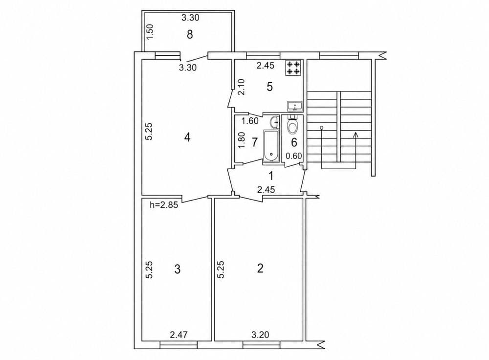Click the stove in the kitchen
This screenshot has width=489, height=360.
click(x=293, y=68)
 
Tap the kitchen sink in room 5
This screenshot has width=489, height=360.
click(x=294, y=106)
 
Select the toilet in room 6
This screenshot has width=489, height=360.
click(x=292, y=124)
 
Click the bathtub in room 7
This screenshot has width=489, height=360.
click(x=271, y=146)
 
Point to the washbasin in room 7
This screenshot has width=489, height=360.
click(x=274, y=122)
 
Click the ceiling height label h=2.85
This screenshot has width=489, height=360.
click(x=164, y=205)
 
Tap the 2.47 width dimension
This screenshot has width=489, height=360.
click(x=178, y=335)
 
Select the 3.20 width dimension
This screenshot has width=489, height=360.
click(x=260, y=335)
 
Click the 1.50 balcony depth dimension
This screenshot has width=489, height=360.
click(x=150, y=32)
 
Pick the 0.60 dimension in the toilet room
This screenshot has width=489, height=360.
click(x=294, y=156)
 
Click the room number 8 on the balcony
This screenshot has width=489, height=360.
click(x=190, y=34)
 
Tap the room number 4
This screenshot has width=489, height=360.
click(x=187, y=137)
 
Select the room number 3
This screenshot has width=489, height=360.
click(x=178, y=269)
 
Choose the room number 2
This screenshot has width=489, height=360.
click(x=260, y=268)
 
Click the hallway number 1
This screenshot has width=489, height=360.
click(x=271, y=176)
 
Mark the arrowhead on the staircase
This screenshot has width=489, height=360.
click(x=355, y=135)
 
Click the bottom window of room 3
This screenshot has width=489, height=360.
click(x=178, y=345)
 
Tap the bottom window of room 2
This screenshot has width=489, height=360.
click(x=261, y=345)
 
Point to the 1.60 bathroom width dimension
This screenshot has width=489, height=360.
click(x=250, y=121)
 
